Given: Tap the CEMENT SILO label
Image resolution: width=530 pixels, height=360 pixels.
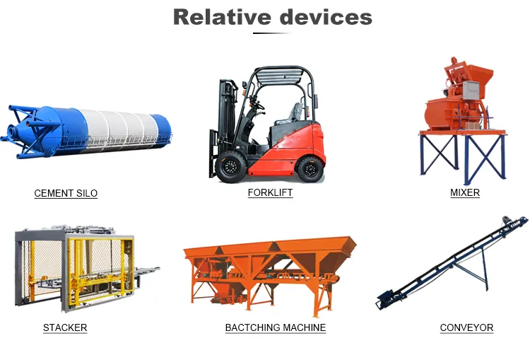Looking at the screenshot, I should [66, 193].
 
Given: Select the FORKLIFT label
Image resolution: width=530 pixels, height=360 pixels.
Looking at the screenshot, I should [270, 192].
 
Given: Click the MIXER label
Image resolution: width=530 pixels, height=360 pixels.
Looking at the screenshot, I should [465, 192].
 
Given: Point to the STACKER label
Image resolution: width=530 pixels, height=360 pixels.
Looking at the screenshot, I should [65, 327].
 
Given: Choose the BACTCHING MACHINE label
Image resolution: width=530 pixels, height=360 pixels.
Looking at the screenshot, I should [276, 327].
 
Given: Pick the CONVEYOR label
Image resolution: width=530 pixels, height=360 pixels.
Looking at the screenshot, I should [466, 327].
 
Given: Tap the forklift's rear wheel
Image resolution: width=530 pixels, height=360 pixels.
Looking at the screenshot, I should [310, 168].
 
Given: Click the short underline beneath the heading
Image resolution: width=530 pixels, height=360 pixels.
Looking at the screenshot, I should [272, 33].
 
